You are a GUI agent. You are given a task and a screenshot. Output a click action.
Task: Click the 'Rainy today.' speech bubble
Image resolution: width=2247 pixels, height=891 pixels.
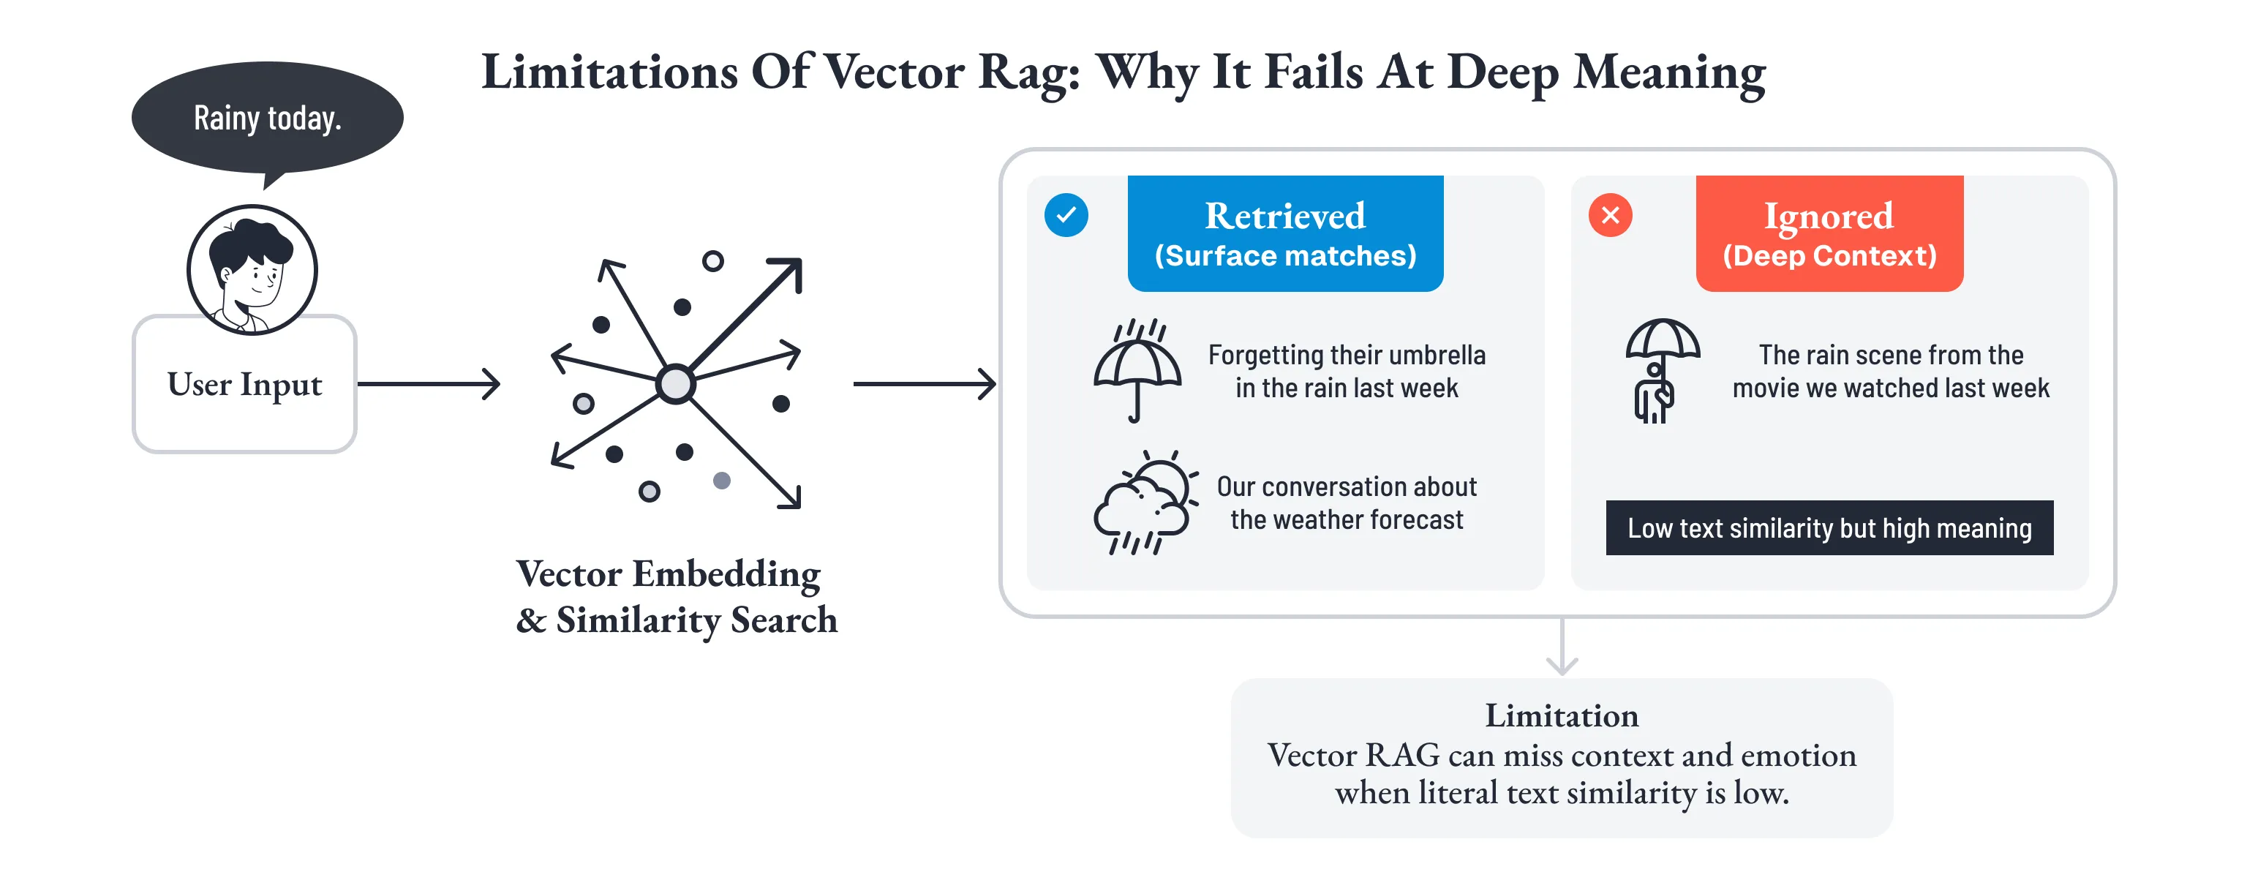pyautogui.click(x=267, y=118)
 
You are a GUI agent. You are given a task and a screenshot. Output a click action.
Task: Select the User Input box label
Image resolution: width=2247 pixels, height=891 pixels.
pyautogui.click(x=244, y=385)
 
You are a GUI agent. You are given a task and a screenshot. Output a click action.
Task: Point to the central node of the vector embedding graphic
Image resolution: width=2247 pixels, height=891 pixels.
pyautogui.click(x=675, y=384)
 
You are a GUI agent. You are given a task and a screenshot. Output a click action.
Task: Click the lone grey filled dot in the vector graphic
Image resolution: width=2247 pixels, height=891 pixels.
pyautogui.click(x=721, y=480)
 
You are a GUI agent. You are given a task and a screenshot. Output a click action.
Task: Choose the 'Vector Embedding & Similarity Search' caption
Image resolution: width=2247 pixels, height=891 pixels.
pyautogui.click(x=676, y=597)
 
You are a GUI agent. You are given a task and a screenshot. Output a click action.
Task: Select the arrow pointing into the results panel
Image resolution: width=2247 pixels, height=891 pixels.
pyautogui.click(x=924, y=384)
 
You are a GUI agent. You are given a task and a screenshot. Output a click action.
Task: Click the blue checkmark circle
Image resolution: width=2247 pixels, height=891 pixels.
pyautogui.click(x=1066, y=214)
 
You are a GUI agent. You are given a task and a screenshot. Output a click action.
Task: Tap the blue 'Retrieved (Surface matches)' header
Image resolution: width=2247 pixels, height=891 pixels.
pyautogui.click(x=1285, y=234)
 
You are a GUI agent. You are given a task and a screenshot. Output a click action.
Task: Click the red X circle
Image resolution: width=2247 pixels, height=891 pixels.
pyautogui.click(x=1610, y=214)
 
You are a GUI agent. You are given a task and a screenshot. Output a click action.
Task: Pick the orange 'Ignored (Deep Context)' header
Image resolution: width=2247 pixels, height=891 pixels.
pyautogui.click(x=1829, y=234)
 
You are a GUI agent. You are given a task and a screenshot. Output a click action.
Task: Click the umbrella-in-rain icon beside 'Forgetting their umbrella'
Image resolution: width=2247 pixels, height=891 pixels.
pyautogui.click(x=1137, y=371)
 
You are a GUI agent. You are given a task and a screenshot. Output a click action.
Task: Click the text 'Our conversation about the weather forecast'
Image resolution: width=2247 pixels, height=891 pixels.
pyautogui.click(x=1346, y=503)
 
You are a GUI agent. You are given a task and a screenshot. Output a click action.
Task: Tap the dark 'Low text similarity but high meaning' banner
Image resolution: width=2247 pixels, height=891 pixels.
pyautogui.click(x=1829, y=528)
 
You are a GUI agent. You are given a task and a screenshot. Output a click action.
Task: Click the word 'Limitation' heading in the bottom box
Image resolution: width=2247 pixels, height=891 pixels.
pyautogui.click(x=1562, y=715)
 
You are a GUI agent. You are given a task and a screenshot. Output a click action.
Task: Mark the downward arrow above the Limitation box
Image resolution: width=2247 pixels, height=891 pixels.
pyautogui.click(x=1562, y=647)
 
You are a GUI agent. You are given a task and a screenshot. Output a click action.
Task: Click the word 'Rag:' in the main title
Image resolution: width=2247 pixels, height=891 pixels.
pyautogui.click(x=1029, y=73)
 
